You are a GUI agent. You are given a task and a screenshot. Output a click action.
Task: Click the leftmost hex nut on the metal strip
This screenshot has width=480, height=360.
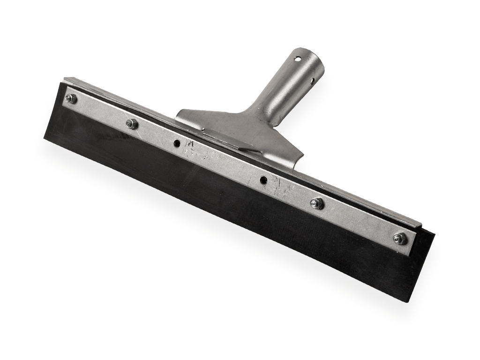click(71, 98)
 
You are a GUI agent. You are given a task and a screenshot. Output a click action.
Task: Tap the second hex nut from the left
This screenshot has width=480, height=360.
click(132, 124)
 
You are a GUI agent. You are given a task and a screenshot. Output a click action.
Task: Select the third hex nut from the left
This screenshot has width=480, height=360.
click(317, 203)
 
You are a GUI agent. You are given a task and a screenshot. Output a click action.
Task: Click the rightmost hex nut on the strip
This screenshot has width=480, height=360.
click(399, 238)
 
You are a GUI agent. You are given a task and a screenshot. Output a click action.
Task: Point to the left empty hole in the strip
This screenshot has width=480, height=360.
click(177, 143)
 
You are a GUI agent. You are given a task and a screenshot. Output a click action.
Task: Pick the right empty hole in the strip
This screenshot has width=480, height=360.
click(264, 180)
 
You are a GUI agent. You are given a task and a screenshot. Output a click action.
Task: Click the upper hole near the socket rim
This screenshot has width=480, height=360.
click(297, 59)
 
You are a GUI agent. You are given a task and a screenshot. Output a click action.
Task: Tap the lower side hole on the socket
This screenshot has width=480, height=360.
click(312, 81)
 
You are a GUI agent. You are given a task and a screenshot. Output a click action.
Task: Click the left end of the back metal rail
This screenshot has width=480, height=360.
click(66, 80)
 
